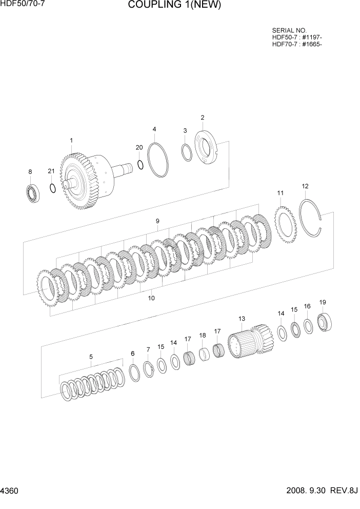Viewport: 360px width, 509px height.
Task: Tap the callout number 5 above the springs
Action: pyautogui.click(x=91, y=357)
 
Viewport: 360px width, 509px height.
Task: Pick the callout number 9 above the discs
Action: pyautogui.click(x=157, y=221)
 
